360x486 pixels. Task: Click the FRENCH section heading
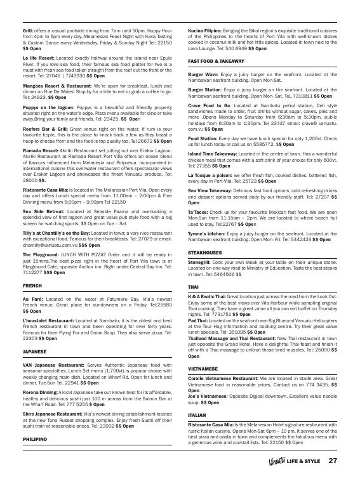point(32,286)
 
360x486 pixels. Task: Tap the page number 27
point(332,461)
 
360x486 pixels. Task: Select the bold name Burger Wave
point(203,74)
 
